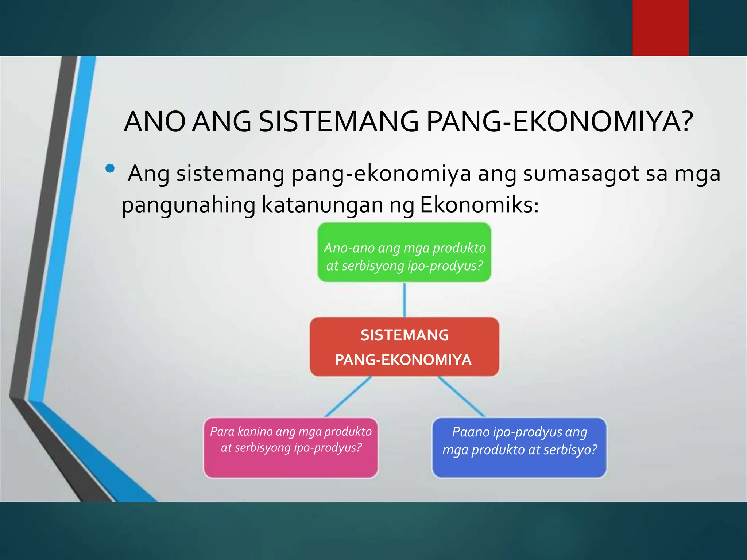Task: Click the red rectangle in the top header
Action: point(660,28)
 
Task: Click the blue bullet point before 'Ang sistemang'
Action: point(110,168)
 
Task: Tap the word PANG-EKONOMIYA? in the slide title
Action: point(560,121)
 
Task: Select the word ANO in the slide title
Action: point(154,121)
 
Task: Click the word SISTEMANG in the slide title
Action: point(338,121)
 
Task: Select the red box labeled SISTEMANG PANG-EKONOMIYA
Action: point(404,347)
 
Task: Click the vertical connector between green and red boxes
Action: point(405,300)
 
